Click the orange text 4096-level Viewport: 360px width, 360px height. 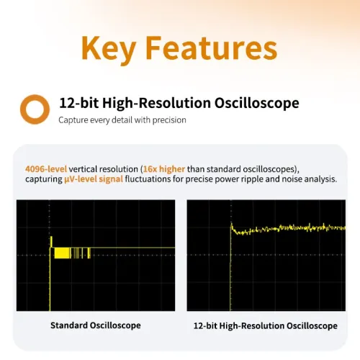click(x=48, y=166)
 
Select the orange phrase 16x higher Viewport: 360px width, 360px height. click(x=175, y=166)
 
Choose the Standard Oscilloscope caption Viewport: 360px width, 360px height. click(x=95, y=325)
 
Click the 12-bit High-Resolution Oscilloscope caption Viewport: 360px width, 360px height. click(x=265, y=325)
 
